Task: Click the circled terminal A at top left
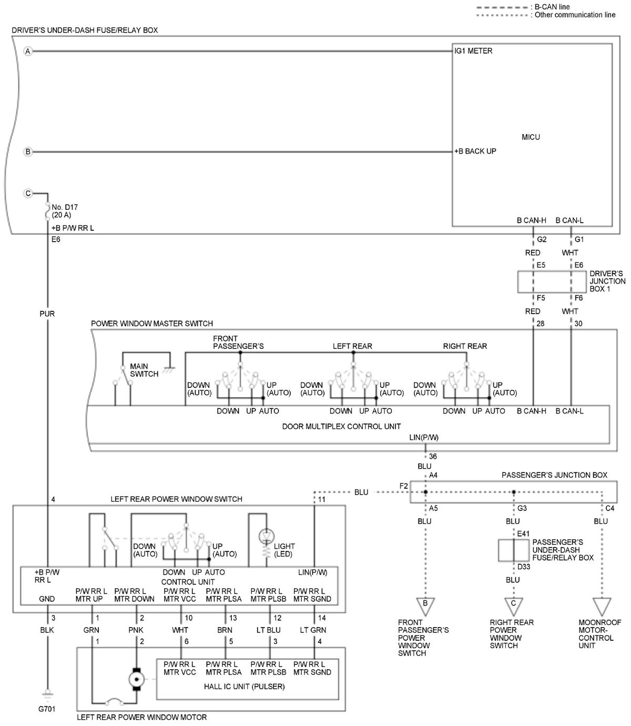point(28,52)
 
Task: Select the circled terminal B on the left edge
point(28,152)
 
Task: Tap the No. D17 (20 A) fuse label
point(65,211)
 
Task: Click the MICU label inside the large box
point(530,137)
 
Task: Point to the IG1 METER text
point(473,51)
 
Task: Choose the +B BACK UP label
point(475,151)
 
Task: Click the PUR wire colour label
point(47,314)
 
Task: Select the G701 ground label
point(47,709)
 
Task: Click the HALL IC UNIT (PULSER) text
point(244,686)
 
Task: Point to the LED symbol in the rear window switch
point(266,536)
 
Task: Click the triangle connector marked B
point(425,607)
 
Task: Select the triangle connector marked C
point(513,607)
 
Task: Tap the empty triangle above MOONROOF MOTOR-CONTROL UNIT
point(601,607)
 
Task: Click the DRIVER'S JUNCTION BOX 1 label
point(607,281)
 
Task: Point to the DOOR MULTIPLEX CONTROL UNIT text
point(341,426)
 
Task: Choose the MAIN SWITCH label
point(144,370)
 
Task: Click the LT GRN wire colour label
point(312,630)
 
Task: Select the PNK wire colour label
point(136,630)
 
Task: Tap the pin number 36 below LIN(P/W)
point(433,456)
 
